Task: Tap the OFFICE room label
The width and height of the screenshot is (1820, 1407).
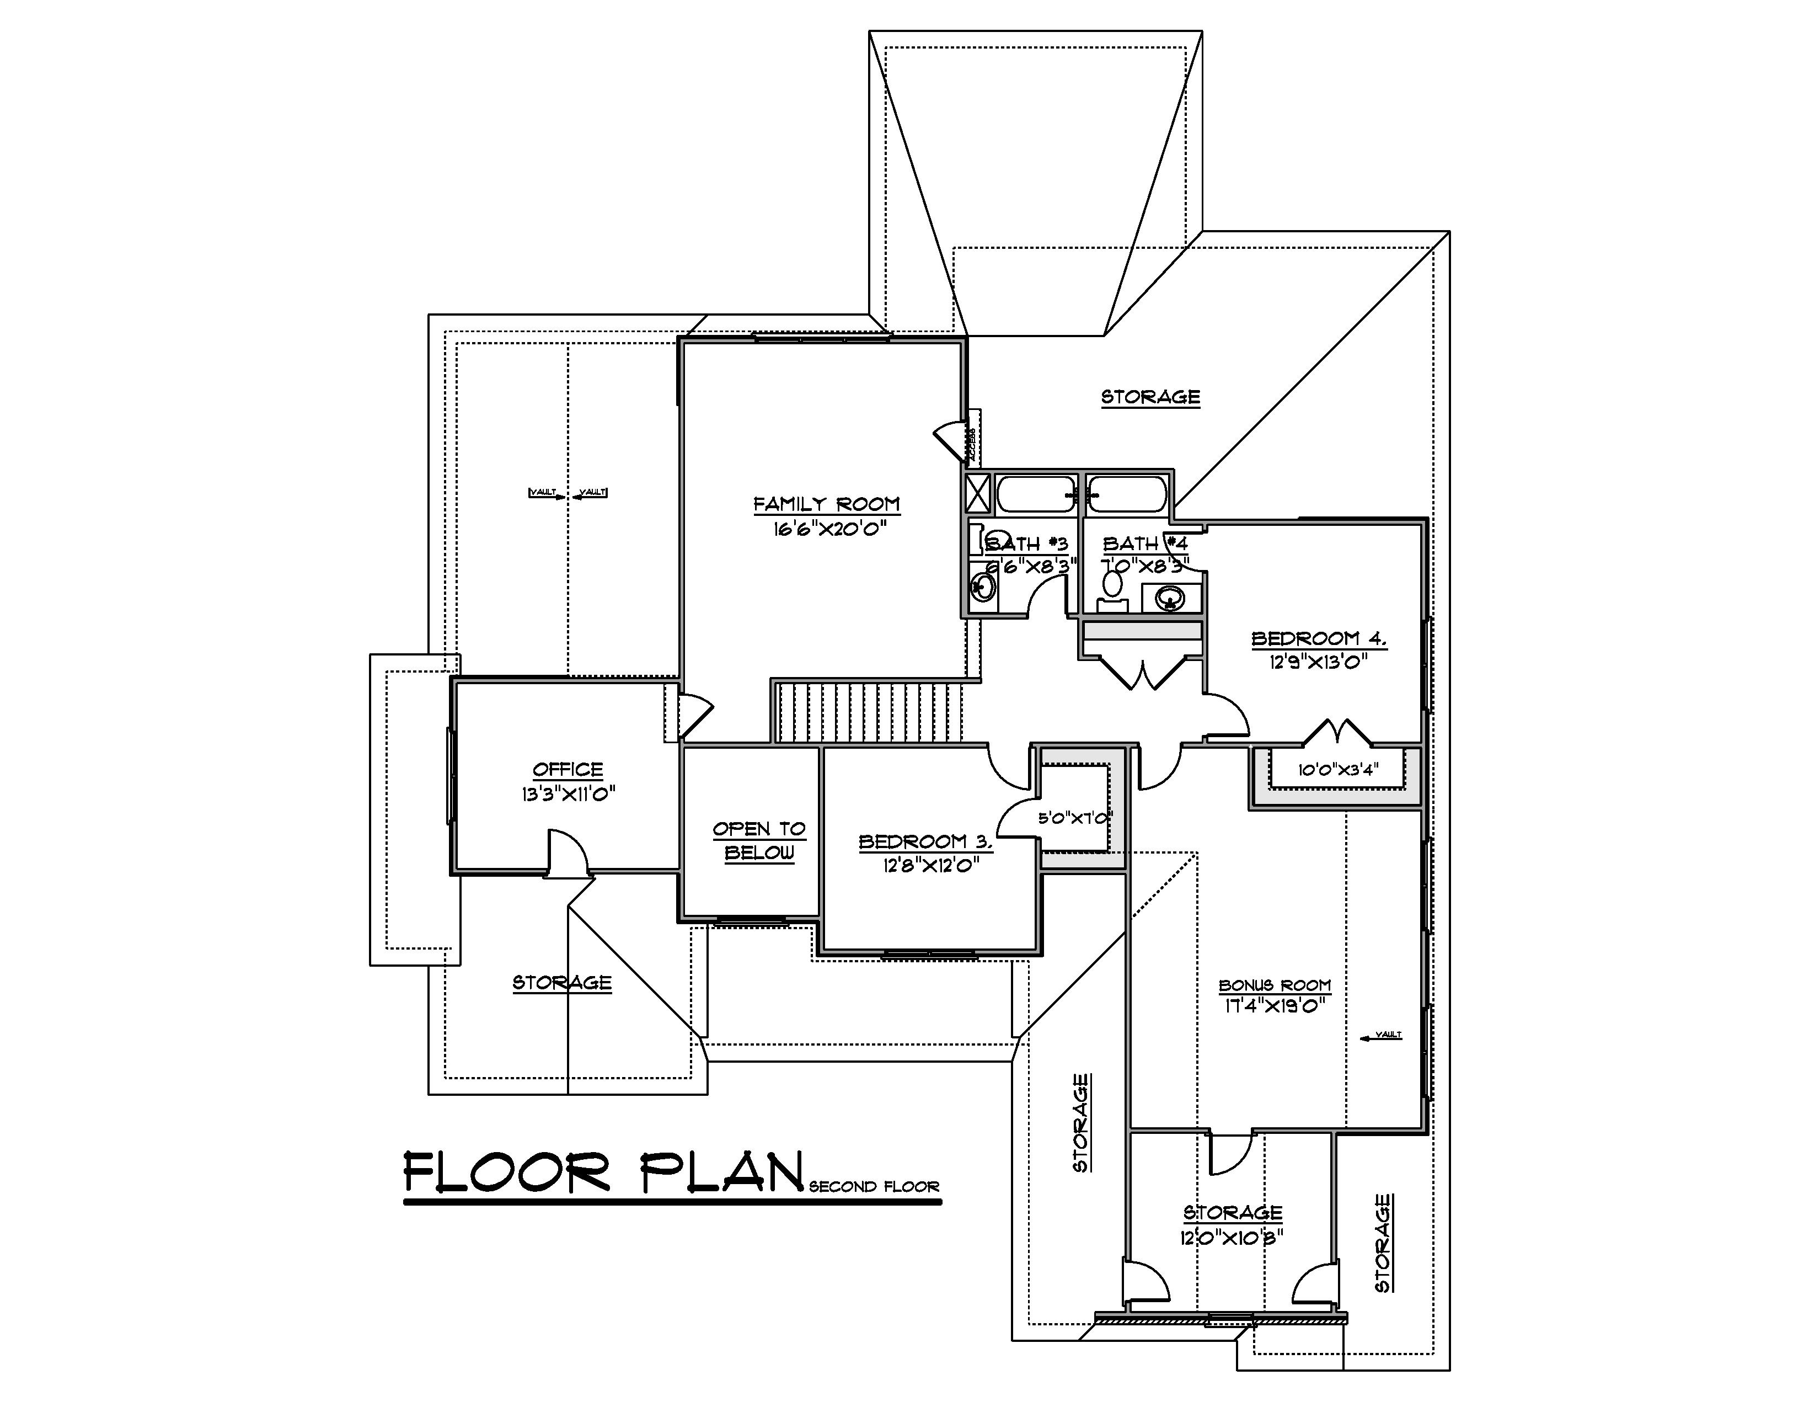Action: coord(568,769)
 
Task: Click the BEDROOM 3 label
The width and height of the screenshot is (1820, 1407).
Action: coord(925,842)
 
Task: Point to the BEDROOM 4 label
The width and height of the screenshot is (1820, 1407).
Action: coord(1318,639)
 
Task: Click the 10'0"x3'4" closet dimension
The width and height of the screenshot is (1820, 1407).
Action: coord(1337,769)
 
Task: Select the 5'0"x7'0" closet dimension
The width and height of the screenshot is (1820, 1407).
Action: coord(1074,818)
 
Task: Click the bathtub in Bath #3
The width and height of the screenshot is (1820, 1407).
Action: coord(1036,493)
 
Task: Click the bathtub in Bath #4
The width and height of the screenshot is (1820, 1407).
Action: coord(1128,493)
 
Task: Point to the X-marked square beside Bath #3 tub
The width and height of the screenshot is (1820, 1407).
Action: coord(978,493)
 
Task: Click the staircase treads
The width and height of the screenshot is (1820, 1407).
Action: coord(868,712)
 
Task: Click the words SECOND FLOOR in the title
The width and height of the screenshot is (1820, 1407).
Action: coord(874,1187)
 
